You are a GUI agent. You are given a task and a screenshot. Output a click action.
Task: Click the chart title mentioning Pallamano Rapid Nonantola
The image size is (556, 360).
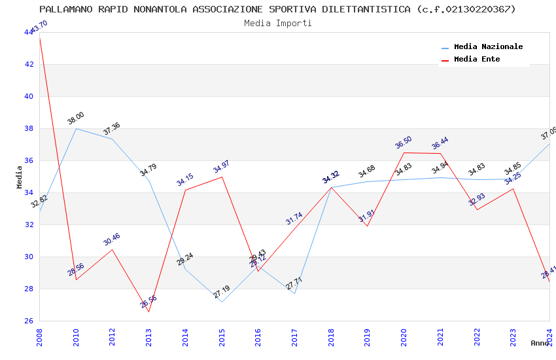point(277,9)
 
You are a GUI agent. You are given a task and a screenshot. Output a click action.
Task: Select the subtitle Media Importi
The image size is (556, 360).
point(277,23)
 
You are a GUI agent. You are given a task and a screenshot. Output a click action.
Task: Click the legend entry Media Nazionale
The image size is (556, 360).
point(488,47)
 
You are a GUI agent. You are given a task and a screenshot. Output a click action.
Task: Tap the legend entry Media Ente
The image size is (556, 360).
point(477,60)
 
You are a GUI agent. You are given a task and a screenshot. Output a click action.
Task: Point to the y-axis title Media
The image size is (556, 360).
point(19,177)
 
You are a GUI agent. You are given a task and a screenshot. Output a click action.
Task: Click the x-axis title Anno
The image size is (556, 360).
point(540,343)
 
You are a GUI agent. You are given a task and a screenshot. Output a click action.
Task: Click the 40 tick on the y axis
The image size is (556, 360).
point(29,96)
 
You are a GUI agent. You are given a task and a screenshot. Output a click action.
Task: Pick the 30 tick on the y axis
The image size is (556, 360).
point(29,257)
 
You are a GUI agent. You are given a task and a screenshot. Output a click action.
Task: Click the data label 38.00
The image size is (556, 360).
point(76,118)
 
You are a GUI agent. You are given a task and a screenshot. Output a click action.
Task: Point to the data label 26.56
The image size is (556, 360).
point(148,302)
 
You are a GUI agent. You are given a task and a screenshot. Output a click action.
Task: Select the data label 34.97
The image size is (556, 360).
point(221,167)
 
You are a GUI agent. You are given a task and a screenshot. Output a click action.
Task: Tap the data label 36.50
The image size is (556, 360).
point(404,143)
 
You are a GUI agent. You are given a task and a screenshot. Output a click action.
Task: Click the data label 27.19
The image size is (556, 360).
point(222,292)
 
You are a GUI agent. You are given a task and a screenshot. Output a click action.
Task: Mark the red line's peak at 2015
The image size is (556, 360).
point(222,177)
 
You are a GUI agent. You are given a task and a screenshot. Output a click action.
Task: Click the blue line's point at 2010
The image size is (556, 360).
point(76,128)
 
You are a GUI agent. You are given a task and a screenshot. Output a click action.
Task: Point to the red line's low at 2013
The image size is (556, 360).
point(149,312)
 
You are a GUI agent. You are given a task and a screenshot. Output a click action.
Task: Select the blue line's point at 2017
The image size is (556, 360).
point(294,293)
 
